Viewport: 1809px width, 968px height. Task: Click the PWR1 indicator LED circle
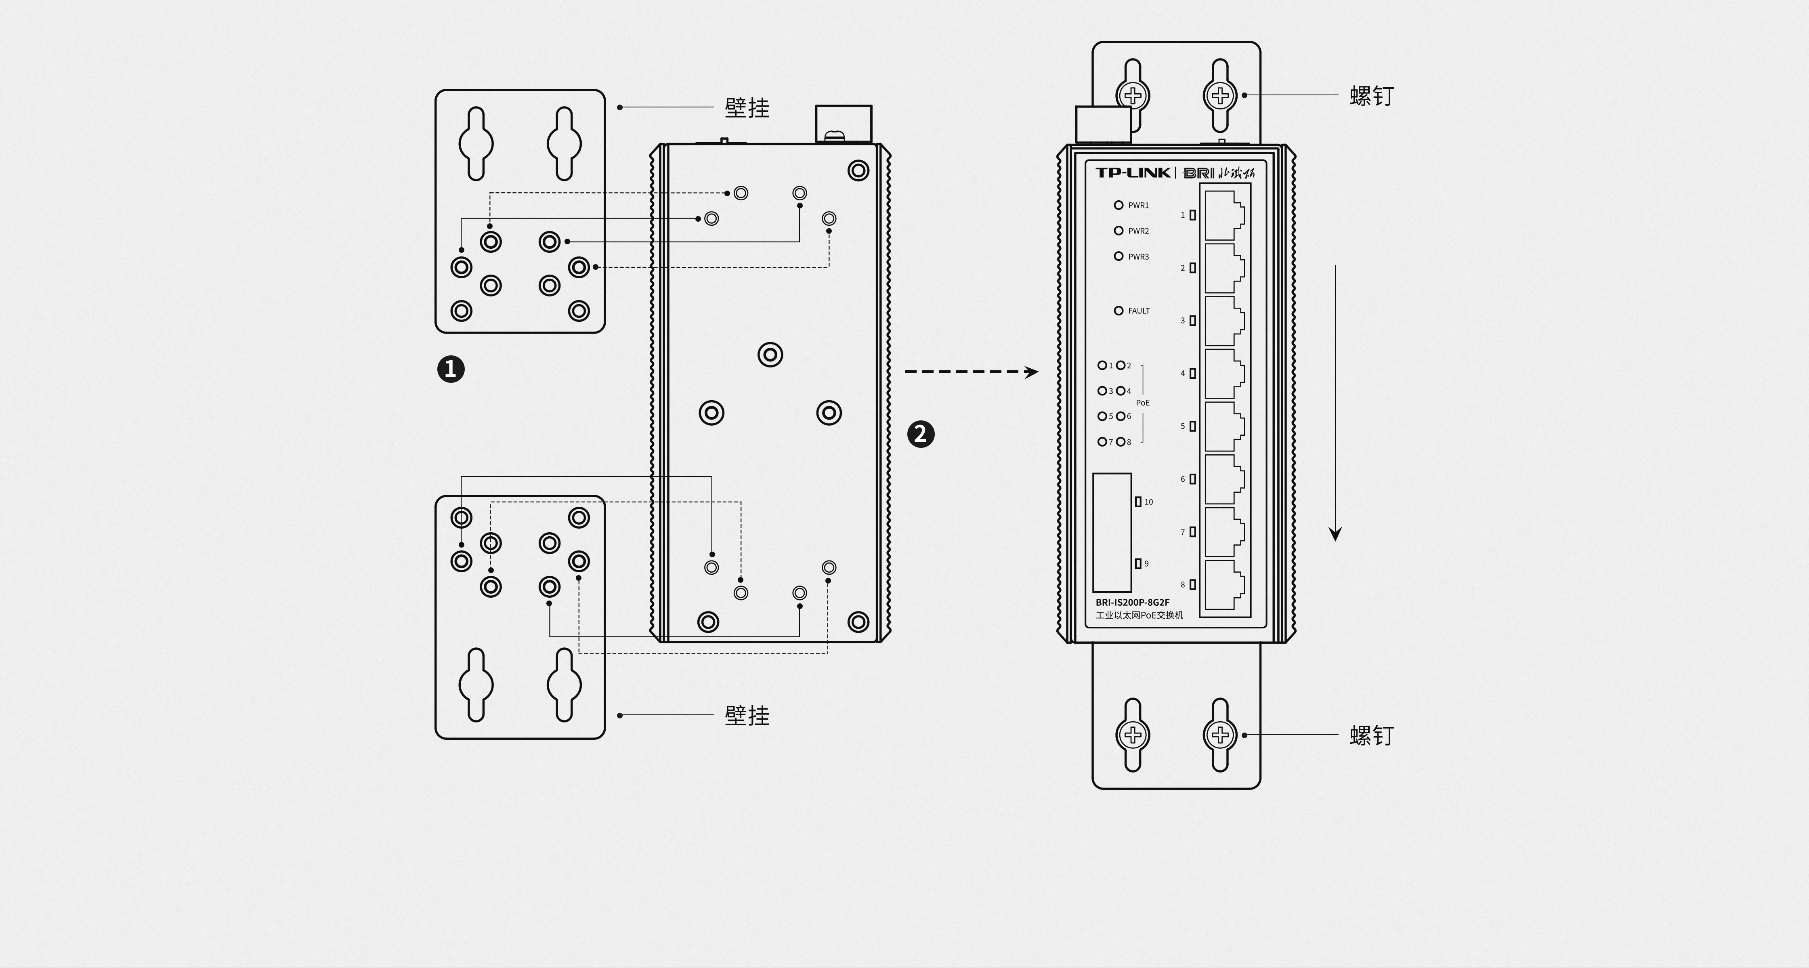tap(1119, 205)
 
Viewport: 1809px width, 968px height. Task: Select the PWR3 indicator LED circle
tap(1119, 256)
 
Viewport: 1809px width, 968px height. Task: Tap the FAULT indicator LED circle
tap(1119, 311)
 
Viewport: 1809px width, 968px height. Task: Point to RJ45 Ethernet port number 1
tap(1224, 215)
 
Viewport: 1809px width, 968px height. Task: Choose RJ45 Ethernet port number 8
tap(1224, 584)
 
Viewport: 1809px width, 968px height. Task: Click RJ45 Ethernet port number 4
tap(1224, 374)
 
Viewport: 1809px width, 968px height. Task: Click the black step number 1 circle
tap(451, 369)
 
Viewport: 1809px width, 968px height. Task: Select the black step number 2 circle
tap(921, 434)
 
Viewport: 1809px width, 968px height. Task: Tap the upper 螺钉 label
tap(1372, 96)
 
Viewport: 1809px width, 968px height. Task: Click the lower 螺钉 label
tap(1372, 735)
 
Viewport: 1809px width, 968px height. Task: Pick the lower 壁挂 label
tap(747, 716)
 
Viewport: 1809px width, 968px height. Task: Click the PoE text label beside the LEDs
tap(1143, 403)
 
